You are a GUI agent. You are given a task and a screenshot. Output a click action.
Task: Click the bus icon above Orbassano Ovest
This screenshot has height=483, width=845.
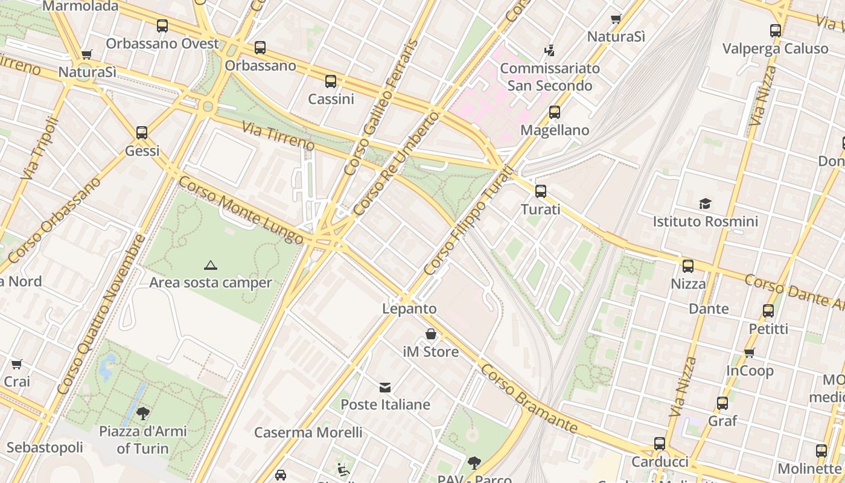(x=162, y=26)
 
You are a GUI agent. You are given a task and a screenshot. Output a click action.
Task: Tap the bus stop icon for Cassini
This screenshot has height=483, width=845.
(x=330, y=82)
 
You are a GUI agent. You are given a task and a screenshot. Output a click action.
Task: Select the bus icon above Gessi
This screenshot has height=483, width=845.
(x=142, y=133)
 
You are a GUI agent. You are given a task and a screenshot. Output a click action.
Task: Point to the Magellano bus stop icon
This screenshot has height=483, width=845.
(x=554, y=112)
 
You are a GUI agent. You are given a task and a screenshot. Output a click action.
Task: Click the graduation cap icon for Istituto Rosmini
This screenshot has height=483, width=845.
(x=705, y=203)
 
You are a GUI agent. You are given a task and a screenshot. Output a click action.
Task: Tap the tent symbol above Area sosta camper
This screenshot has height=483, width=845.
(x=210, y=265)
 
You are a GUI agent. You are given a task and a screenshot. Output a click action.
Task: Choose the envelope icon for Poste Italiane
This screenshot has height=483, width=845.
(x=385, y=387)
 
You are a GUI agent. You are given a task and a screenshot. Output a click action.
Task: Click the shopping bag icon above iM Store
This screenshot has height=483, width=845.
(x=431, y=334)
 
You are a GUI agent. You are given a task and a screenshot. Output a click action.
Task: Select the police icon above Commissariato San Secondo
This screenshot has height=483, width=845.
(x=549, y=50)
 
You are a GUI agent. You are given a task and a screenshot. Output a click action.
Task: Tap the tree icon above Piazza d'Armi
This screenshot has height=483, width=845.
(x=143, y=414)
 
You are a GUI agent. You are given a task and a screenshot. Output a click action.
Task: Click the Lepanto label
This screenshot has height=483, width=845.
(x=409, y=309)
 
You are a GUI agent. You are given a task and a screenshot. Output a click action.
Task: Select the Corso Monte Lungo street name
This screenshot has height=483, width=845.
(x=241, y=210)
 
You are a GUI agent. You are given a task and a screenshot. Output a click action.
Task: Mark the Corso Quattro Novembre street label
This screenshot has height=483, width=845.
(x=101, y=314)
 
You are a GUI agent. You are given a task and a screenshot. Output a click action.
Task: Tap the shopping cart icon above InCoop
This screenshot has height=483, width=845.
(x=749, y=353)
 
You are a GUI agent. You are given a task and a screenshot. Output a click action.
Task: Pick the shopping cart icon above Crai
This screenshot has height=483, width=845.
(x=16, y=364)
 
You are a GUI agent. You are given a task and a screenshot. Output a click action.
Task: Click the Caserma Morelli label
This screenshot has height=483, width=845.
(x=308, y=432)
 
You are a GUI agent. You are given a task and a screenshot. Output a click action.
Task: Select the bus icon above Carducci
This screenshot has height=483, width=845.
(x=659, y=444)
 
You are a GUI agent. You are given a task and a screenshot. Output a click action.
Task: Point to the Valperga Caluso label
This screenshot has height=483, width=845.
(x=775, y=49)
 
